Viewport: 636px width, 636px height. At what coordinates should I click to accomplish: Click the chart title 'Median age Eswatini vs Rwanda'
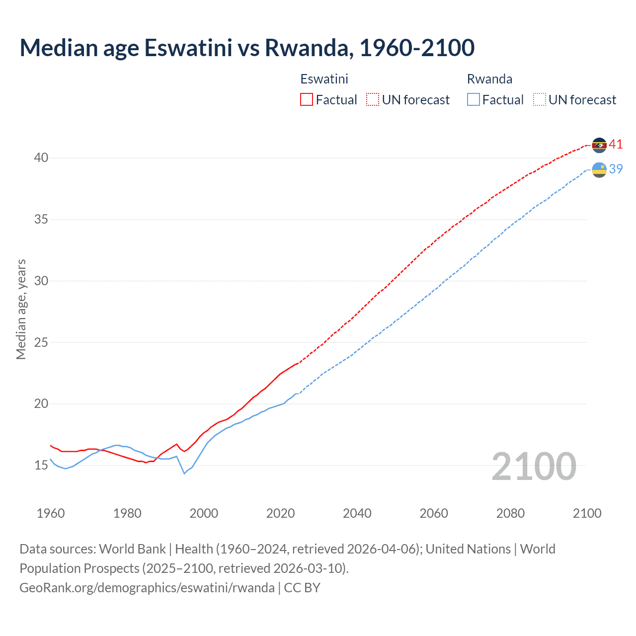[x=247, y=48]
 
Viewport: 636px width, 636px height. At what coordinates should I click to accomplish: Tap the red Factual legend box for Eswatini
[x=307, y=99]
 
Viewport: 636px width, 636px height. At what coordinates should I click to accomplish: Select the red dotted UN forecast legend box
[x=373, y=99]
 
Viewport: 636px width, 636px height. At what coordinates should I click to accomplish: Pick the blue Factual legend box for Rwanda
[x=474, y=99]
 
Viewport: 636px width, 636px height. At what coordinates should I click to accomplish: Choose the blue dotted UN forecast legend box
[x=540, y=99]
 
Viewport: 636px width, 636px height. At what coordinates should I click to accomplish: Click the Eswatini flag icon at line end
[x=599, y=145]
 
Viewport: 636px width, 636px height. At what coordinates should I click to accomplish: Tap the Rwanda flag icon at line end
[x=599, y=170]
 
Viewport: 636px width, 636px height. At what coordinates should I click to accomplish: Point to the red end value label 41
[x=616, y=145]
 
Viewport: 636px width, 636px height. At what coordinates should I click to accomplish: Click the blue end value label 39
[x=616, y=169]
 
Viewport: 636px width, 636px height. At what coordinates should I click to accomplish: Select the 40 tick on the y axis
[x=41, y=158]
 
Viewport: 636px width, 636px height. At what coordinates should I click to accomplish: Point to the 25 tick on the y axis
[x=41, y=342]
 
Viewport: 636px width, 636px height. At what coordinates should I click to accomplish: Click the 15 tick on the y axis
[x=41, y=466]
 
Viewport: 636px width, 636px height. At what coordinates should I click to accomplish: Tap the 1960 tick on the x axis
[x=51, y=513]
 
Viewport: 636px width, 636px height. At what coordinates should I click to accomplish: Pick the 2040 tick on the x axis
[x=357, y=513]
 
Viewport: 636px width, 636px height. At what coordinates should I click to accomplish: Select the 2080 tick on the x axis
[x=510, y=513]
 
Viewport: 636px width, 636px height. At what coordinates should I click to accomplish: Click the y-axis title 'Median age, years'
[x=21, y=309]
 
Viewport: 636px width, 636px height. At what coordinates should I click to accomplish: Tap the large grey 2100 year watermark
[x=534, y=467]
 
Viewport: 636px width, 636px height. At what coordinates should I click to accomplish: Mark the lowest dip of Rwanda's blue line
[x=184, y=474]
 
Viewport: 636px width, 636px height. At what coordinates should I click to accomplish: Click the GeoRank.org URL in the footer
[x=147, y=588]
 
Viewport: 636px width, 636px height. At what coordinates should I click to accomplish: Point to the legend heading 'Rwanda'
[x=489, y=79]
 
